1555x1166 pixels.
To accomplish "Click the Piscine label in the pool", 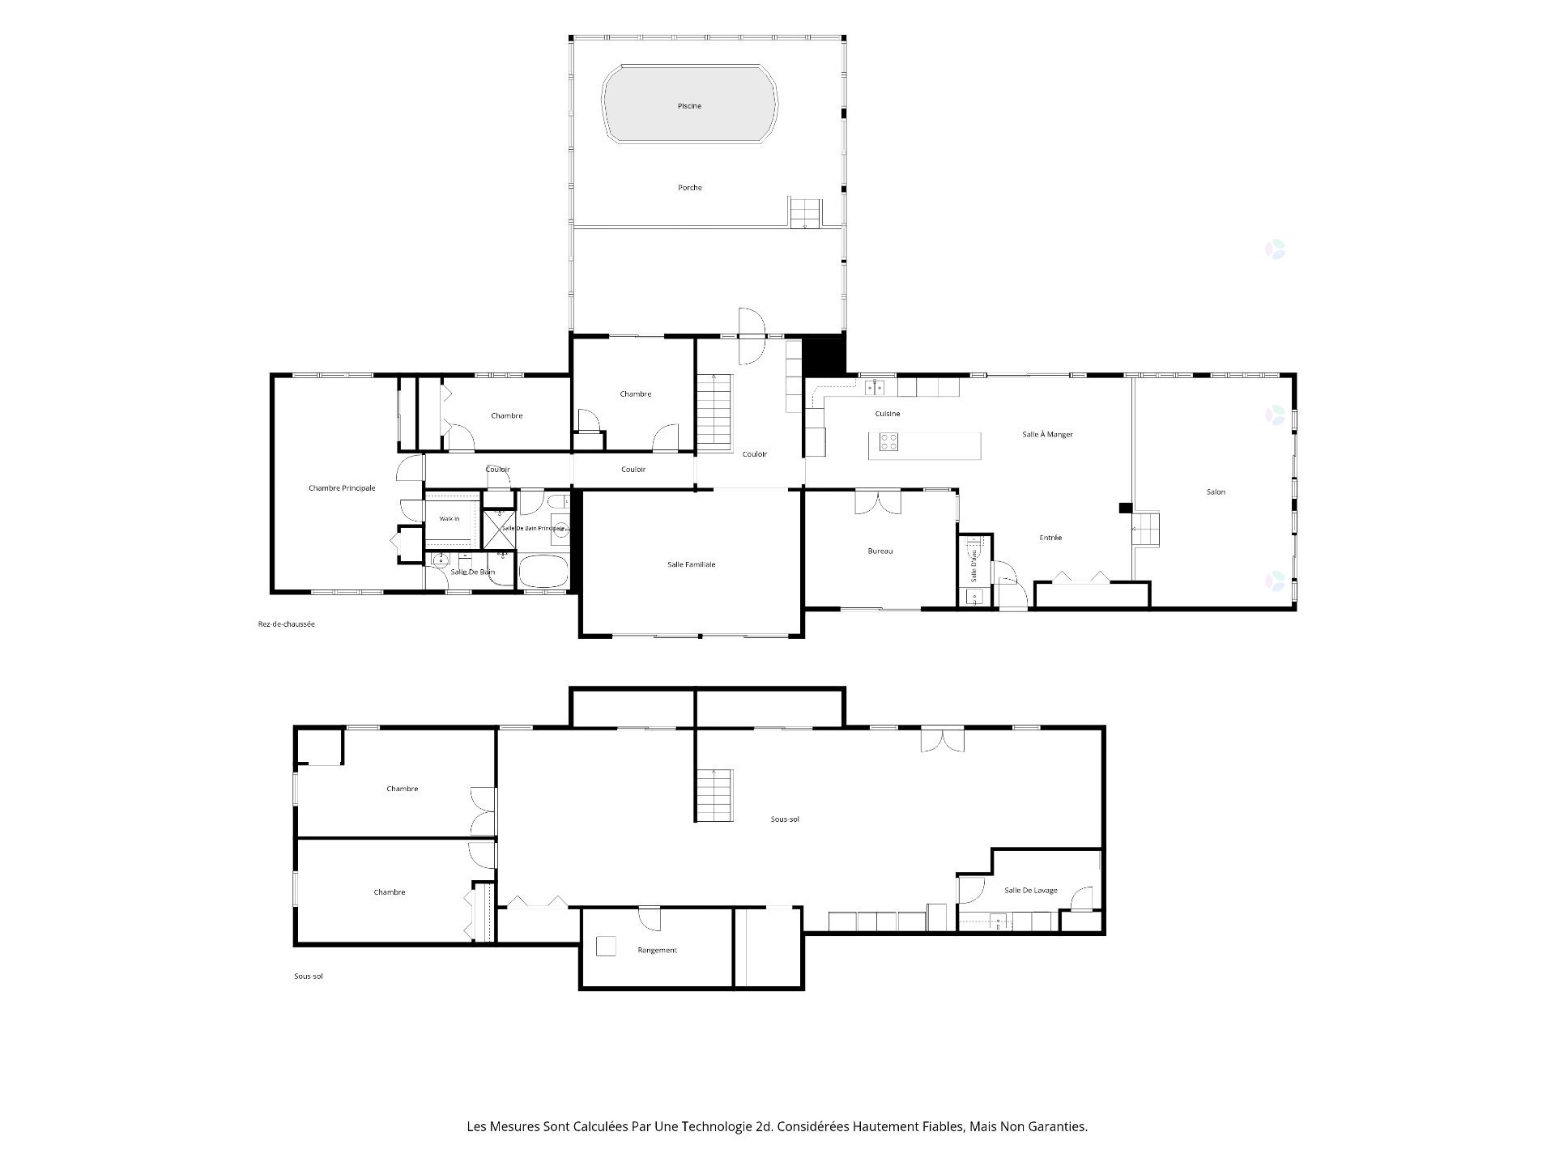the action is pos(689,106).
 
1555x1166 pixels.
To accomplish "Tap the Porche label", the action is pos(690,188).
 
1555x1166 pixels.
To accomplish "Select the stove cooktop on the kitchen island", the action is pos(888,441).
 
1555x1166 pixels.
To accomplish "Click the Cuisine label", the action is pos(888,414).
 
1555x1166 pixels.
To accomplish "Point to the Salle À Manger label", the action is pos(1047,435).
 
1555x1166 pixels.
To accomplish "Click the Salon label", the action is pos(1216,492).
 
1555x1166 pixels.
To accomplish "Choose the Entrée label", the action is pos(1050,538).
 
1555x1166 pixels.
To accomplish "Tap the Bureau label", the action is pos(880,551).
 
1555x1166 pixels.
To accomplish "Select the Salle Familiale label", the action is pos(691,564).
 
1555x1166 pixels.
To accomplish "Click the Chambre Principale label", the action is pos(342,488).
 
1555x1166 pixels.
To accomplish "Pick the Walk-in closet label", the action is pos(449,519).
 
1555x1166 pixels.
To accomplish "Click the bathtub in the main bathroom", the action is pos(543,572).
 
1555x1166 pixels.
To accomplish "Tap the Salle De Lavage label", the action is pos(1031,891).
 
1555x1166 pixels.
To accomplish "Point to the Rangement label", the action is pos(657,951).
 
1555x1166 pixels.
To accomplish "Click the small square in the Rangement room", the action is pos(605,947).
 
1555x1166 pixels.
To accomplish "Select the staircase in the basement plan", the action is pos(714,795).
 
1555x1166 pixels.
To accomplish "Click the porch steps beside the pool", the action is pos(806,212).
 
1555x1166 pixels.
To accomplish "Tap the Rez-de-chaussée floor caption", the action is pos(282,624).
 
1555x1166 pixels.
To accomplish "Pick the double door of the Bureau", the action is pos(877,501).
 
